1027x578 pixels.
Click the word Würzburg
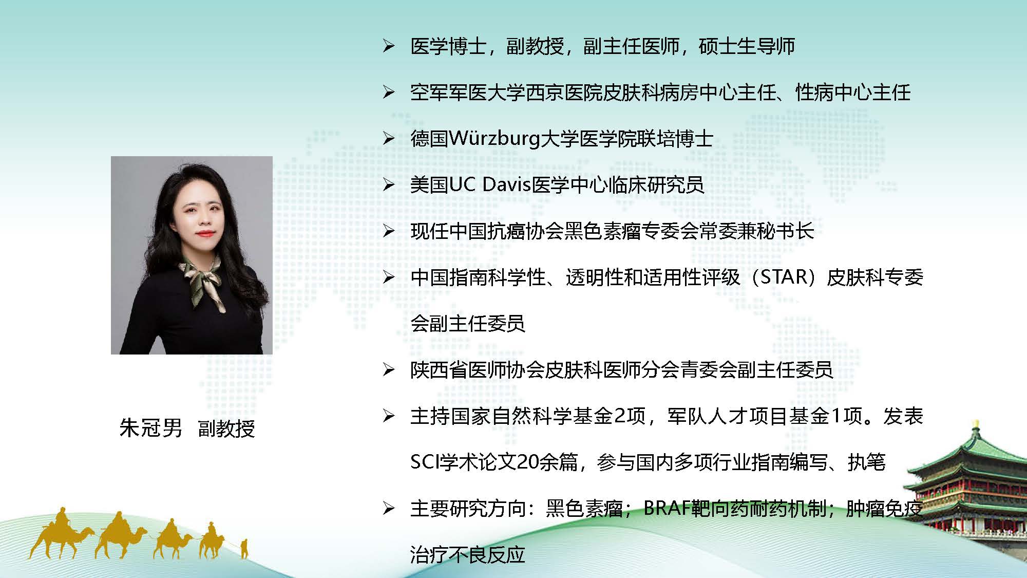[495, 139]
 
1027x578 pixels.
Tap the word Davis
[506, 184]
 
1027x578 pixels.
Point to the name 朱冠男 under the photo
[151, 428]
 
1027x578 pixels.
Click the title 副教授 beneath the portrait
[226, 428]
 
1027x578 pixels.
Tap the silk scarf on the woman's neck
[202, 280]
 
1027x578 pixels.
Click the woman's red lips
[204, 234]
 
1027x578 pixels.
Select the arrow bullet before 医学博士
[389, 46]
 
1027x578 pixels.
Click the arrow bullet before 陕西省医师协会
[389, 370]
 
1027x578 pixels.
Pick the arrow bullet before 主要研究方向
[389, 509]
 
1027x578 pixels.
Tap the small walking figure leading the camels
[244, 548]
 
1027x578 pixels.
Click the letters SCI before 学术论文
[425, 462]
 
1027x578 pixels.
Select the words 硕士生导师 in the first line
[747, 46]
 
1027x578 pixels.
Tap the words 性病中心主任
[853, 92]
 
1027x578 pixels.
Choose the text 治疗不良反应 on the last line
[468, 555]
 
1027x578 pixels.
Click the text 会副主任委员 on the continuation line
[468, 324]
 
